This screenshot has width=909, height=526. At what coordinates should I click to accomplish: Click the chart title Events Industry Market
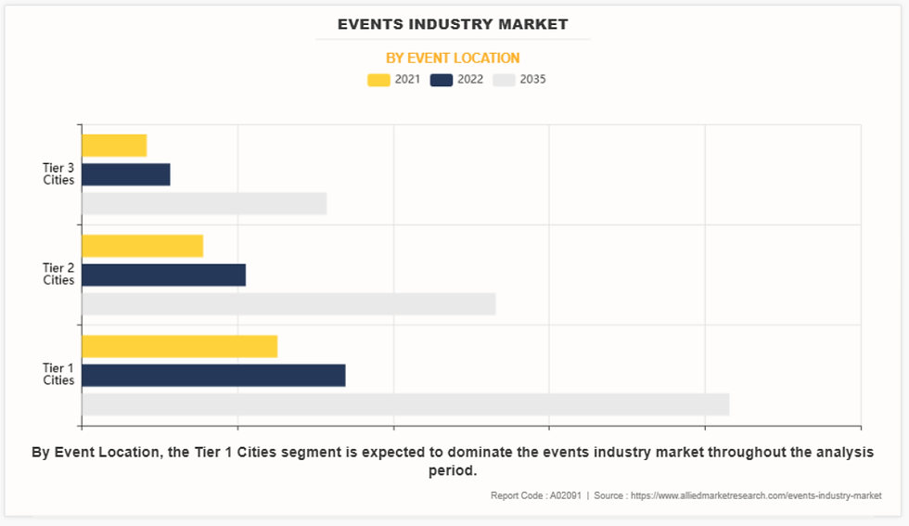(453, 24)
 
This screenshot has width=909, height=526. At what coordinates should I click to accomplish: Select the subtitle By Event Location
(453, 58)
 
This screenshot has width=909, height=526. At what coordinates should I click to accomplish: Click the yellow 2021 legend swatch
(378, 80)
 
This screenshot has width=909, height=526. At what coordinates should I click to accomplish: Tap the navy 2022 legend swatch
(442, 80)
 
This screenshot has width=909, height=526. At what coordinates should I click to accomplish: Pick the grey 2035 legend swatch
(505, 80)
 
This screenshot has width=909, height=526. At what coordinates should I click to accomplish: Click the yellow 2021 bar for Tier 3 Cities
(114, 146)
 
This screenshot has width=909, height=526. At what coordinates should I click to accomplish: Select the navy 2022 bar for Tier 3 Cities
(126, 174)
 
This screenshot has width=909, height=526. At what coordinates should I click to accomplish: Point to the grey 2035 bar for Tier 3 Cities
(204, 203)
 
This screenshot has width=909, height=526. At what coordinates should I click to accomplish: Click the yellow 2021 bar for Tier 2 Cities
(142, 246)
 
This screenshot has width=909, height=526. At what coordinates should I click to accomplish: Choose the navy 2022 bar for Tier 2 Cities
(163, 275)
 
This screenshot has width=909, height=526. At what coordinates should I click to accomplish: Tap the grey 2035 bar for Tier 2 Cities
(288, 304)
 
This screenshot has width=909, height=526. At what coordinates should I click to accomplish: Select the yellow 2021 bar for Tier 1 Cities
(179, 346)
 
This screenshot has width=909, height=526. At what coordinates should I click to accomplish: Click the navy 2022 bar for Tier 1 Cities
(213, 375)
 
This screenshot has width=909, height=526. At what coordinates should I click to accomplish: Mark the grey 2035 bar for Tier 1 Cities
(405, 404)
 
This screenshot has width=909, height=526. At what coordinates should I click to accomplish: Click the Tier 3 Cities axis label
(58, 173)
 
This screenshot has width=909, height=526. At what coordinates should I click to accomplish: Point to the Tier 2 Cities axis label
(58, 274)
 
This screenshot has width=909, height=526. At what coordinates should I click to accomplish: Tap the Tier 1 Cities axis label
(58, 374)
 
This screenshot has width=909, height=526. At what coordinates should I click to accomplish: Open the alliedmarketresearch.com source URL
(756, 495)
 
